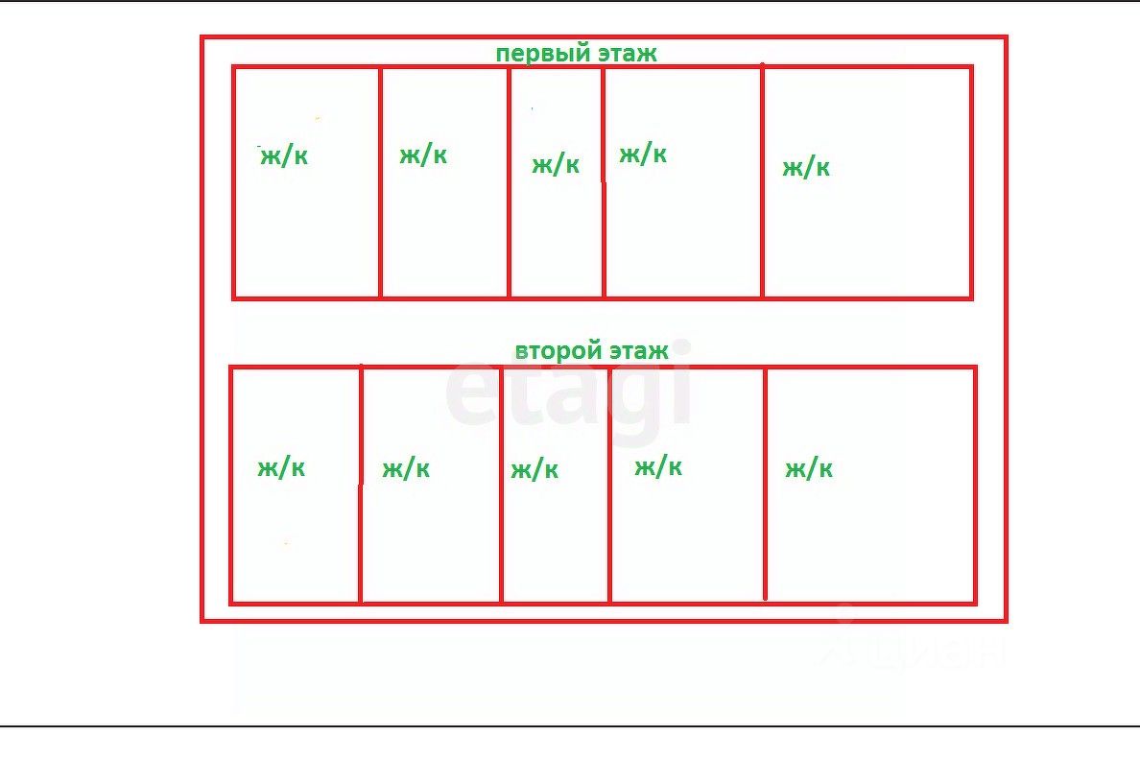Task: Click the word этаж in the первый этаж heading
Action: coord(628,54)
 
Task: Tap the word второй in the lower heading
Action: coord(556,350)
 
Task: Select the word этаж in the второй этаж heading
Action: coord(638,350)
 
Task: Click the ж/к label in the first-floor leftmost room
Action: coord(284,156)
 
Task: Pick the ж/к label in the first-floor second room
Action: coord(423,154)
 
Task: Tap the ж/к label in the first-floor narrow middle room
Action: coord(556,164)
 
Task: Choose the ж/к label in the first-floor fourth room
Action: coord(643,154)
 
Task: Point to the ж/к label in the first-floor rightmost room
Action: coord(806,168)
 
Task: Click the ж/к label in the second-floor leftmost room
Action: coord(281,467)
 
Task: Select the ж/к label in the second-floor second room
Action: coord(406,468)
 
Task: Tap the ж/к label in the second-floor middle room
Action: coord(534,469)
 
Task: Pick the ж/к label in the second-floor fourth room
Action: coord(658,466)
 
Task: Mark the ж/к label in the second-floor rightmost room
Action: coord(809,468)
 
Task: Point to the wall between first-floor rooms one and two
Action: coord(380,182)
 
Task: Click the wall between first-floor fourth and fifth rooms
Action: coord(762,182)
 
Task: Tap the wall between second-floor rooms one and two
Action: coord(360,485)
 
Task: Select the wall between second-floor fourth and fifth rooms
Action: coord(765,485)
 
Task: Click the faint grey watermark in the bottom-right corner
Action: coord(912,648)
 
